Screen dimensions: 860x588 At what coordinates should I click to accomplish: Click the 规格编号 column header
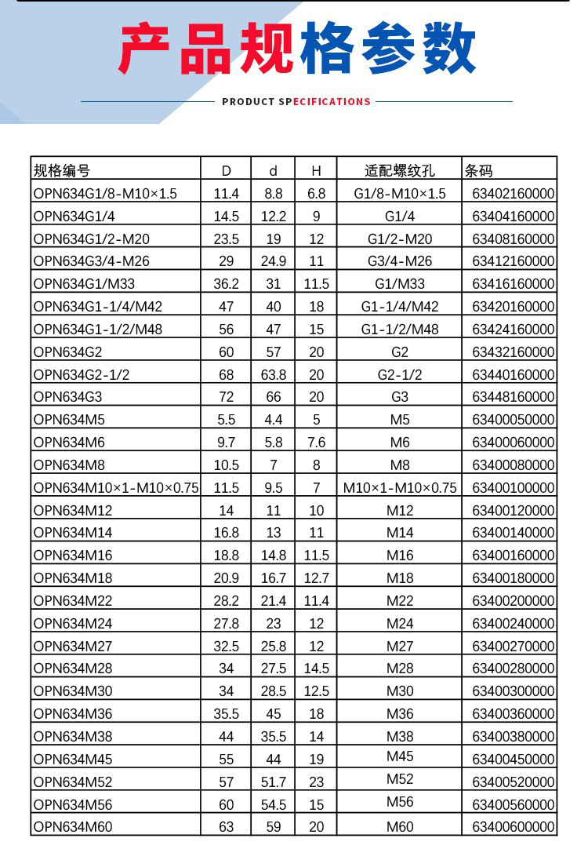pyautogui.click(x=62, y=170)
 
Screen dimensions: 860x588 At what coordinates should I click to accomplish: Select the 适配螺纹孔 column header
pyautogui.click(x=399, y=170)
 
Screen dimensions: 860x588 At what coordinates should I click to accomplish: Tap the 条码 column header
pyautogui.click(x=479, y=170)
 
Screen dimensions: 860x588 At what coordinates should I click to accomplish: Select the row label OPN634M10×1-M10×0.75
pyautogui.click(x=116, y=487)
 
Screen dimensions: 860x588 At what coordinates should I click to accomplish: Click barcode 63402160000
pyautogui.click(x=513, y=193)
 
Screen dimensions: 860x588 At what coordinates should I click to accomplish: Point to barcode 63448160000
pyautogui.click(x=513, y=396)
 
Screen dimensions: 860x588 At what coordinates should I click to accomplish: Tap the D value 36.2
pyautogui.click(x=226, y=283)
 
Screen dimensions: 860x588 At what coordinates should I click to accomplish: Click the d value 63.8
pyautogui.click(x=274, y=374)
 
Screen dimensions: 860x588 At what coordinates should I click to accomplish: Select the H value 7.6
pyautogui.click(x=316, y=442)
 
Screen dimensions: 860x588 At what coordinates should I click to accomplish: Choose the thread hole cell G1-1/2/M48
pyautogui.click(x=399, y=329)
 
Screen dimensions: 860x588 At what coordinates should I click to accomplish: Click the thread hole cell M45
pyautogui.click(x=399, y=756)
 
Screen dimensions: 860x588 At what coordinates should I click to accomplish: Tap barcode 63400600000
pyautogui.click(x=513, y=826)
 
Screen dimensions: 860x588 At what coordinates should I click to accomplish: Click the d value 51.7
pyautogui.click(x=274, y=782)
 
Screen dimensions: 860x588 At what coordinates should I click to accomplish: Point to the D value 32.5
pyautogui.click(x=226, y=646)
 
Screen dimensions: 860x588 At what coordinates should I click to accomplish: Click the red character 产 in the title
pyautogui.click(x=146, y=49)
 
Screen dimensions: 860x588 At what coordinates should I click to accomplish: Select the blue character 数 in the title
pyautogui.click(x=447, y=49)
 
